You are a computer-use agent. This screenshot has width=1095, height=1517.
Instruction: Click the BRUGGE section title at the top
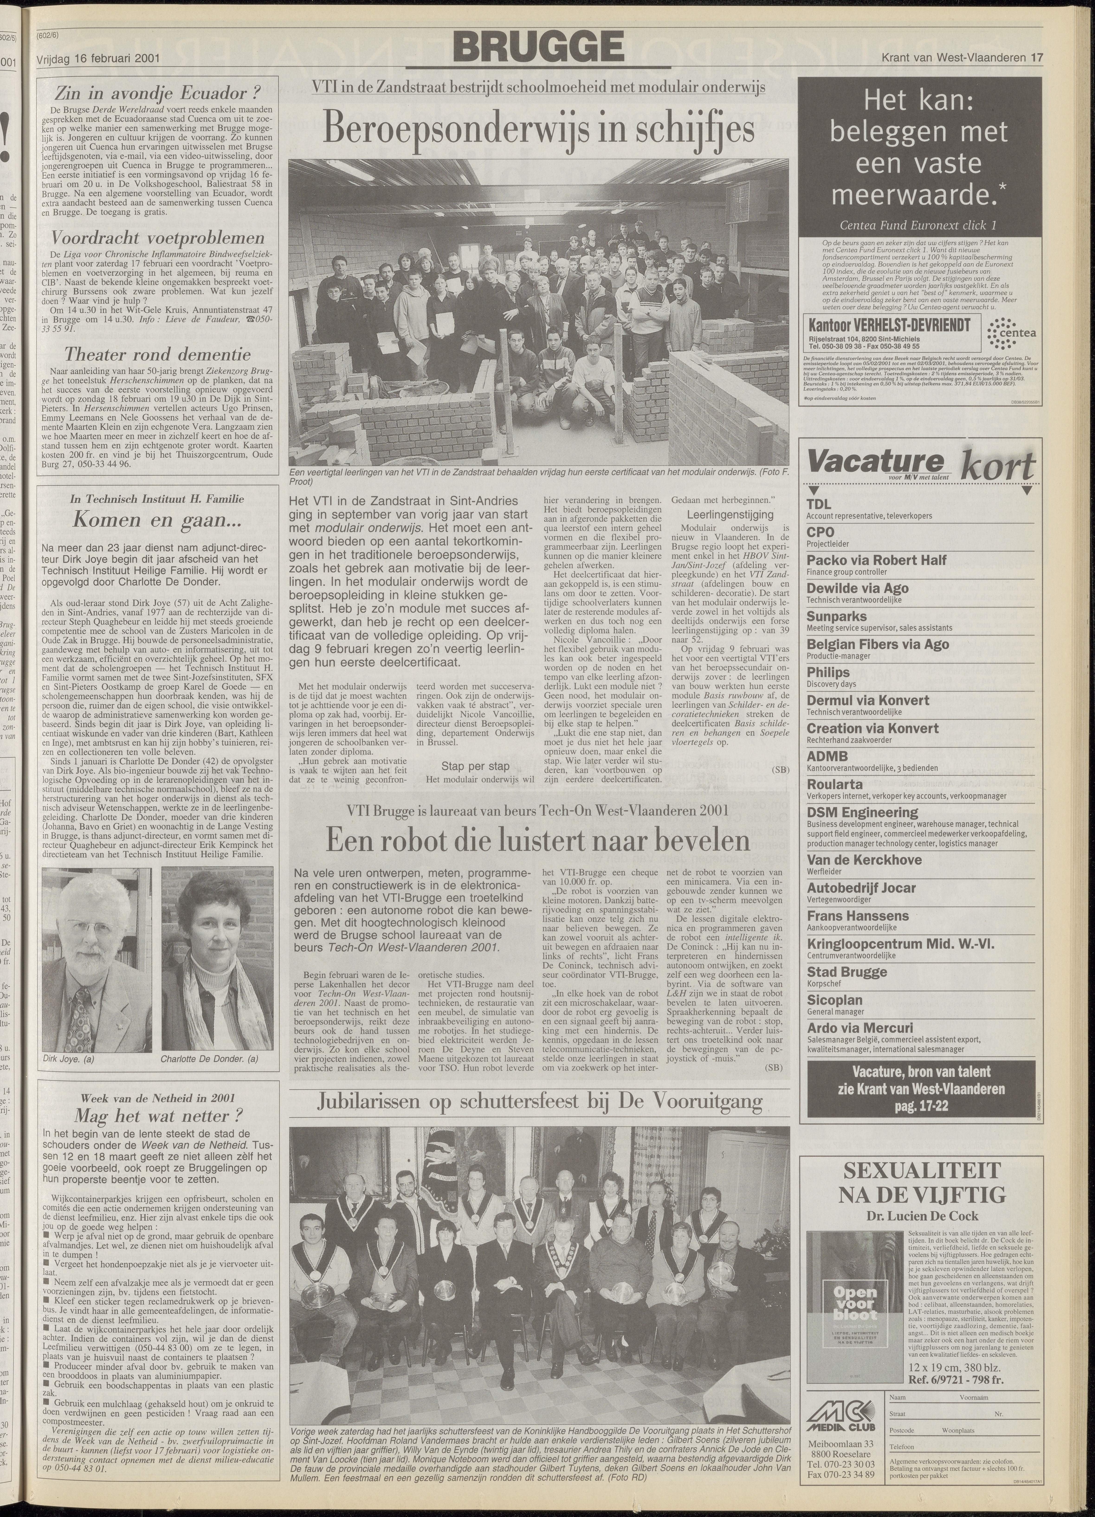pyautogui.click(x=539, y=48)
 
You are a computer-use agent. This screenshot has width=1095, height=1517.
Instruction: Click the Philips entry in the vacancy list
pyautogui.click(x=828, y=672)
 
